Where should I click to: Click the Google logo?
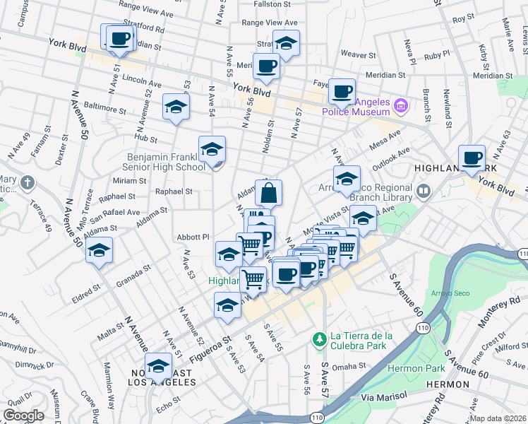point(24,416)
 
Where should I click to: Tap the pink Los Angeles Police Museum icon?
point(401,107)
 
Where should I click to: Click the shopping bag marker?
point(269,193)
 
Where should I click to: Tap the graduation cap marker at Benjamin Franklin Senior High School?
point(212,150)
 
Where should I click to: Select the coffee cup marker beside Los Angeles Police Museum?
point(342,91)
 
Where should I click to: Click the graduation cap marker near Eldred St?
point(100,251)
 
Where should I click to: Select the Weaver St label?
point(359,54)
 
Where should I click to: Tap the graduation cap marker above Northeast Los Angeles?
point(159,366)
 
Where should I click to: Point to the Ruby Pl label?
point(437,54)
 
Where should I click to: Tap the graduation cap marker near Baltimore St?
point(176,107)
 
